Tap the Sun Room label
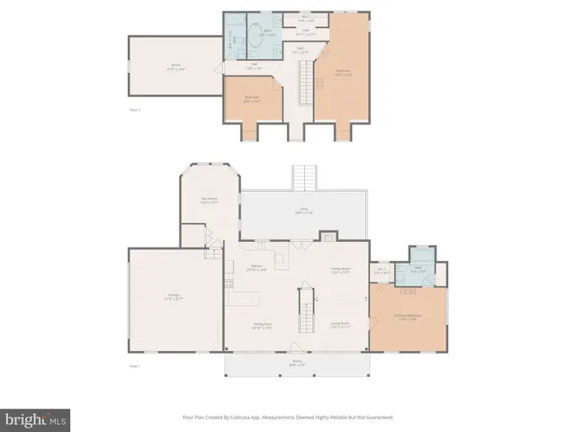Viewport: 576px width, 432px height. pos(209,201)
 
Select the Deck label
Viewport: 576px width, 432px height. pos(304,211)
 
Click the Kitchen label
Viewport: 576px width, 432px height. pos(256,267)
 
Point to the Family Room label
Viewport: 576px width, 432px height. pos(339,269)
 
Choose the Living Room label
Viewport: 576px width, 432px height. pos(339,325)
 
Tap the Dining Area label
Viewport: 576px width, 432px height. pos(262,326)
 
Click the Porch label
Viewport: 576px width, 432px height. pos(296,364)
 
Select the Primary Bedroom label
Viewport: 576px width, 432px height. pos(408,316)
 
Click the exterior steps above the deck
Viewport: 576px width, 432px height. pos(305,177)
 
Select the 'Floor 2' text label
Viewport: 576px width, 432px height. pos(135,109)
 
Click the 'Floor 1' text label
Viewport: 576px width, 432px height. pos(134,366)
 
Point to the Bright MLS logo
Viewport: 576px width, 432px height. pos(36,418)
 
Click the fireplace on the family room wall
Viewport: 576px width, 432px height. pos(328,238)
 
